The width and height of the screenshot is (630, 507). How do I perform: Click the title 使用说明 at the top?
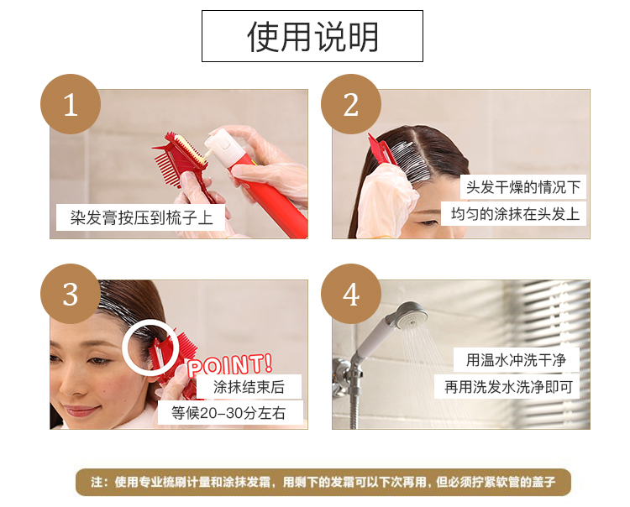pyautogui.click(x=312, y=37)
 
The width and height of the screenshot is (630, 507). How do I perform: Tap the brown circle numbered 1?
pyautogui.click(x=71, y=104)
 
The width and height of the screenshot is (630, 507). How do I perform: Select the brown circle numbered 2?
pyautogui.click(x=351, y=104)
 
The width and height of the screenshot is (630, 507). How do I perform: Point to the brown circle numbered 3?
pyautogui.click(x=71, y=294)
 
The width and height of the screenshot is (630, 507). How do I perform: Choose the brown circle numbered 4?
pyautogui.click(x=351, y=294)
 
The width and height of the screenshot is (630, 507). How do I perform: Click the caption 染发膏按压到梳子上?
pyautogui.click(x=141, y=217)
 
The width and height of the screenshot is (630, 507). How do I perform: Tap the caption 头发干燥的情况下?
pyautogui.click(x=523, y=187)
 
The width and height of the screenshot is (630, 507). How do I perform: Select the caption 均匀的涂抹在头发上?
pyautogui.click(x=515, y=214)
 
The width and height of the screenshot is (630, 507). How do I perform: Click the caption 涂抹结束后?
pyautogui.click(x=249, y=387)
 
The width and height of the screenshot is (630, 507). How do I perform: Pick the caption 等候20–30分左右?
pyautogui.click(x=228, y=413)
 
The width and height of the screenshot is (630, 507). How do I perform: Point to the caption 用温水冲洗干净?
pyautogui.click(x=516, y=359)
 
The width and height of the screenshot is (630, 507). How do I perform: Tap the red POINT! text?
pyautogui.click(x=230, y=364)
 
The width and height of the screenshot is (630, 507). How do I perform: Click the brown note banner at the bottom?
pyautogui.click(x=323, y=482)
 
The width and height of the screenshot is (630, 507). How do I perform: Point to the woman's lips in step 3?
pyautogui.click(x=81, y=410)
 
